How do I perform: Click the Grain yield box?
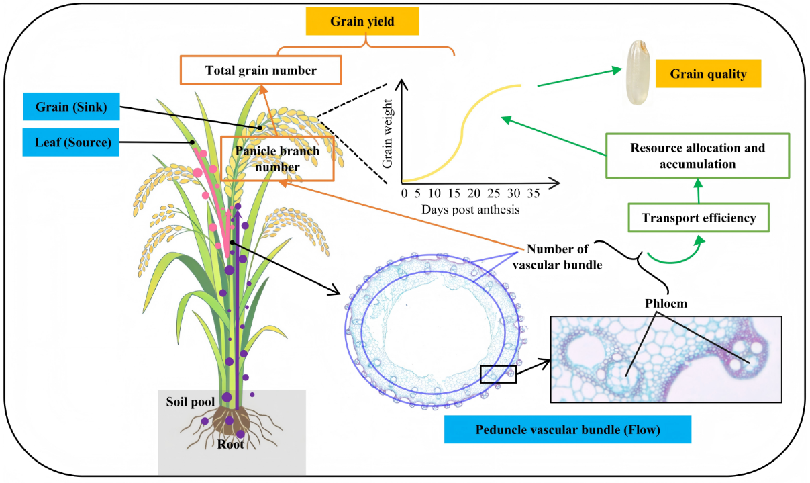coord(362,21)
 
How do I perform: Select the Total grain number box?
coord(261,70)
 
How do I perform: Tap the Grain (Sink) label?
coord(72,106)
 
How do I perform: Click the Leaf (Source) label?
coord(71,142)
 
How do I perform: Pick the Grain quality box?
coord(709,73)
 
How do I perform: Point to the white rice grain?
coord(638,73)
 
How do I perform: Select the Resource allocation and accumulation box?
coord(697,156)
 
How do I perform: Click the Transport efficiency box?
coord(699,218)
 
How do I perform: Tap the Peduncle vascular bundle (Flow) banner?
coord(568,429)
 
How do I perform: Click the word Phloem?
coord(666,304)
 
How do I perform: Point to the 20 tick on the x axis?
coord(474,193)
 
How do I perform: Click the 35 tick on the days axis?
coord(534,193)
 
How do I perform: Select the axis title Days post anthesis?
coord(470,210)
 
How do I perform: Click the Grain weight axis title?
coord(387,134)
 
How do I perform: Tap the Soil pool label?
coord(191,402)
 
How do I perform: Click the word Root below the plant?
coord(231,444)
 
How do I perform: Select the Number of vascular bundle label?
coord(557,257)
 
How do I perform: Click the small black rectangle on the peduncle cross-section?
coord(499,374)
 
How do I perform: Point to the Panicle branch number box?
coord(277,159)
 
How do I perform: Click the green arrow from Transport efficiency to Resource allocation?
coord(699,191)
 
